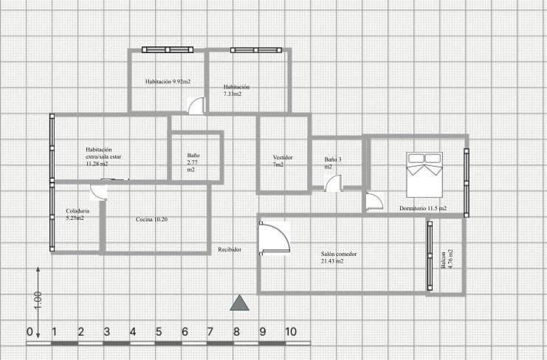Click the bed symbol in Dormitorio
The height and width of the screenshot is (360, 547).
point(424,174)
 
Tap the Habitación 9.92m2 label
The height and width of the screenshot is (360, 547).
point(168,82)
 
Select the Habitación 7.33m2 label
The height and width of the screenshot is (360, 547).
point(236,90)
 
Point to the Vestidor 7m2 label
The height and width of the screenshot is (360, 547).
point(283,161)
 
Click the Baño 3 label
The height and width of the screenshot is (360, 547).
point(333,163)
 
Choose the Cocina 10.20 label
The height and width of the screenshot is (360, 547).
point(151,220)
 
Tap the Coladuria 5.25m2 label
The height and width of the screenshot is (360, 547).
point(76,215)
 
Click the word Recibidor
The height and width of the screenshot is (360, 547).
point(230,250)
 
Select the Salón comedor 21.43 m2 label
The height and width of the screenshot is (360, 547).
point(339,257)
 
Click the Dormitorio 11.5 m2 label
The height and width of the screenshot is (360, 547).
point(423,209)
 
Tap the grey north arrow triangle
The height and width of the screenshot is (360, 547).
point(239,302)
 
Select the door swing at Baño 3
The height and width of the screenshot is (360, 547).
point(334,183)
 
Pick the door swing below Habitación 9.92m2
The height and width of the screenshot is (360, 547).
point(197,106)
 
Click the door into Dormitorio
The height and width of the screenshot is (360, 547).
point(374,201)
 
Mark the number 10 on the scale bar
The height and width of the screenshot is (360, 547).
point(291,331)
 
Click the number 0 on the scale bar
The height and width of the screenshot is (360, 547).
point(30,331)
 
